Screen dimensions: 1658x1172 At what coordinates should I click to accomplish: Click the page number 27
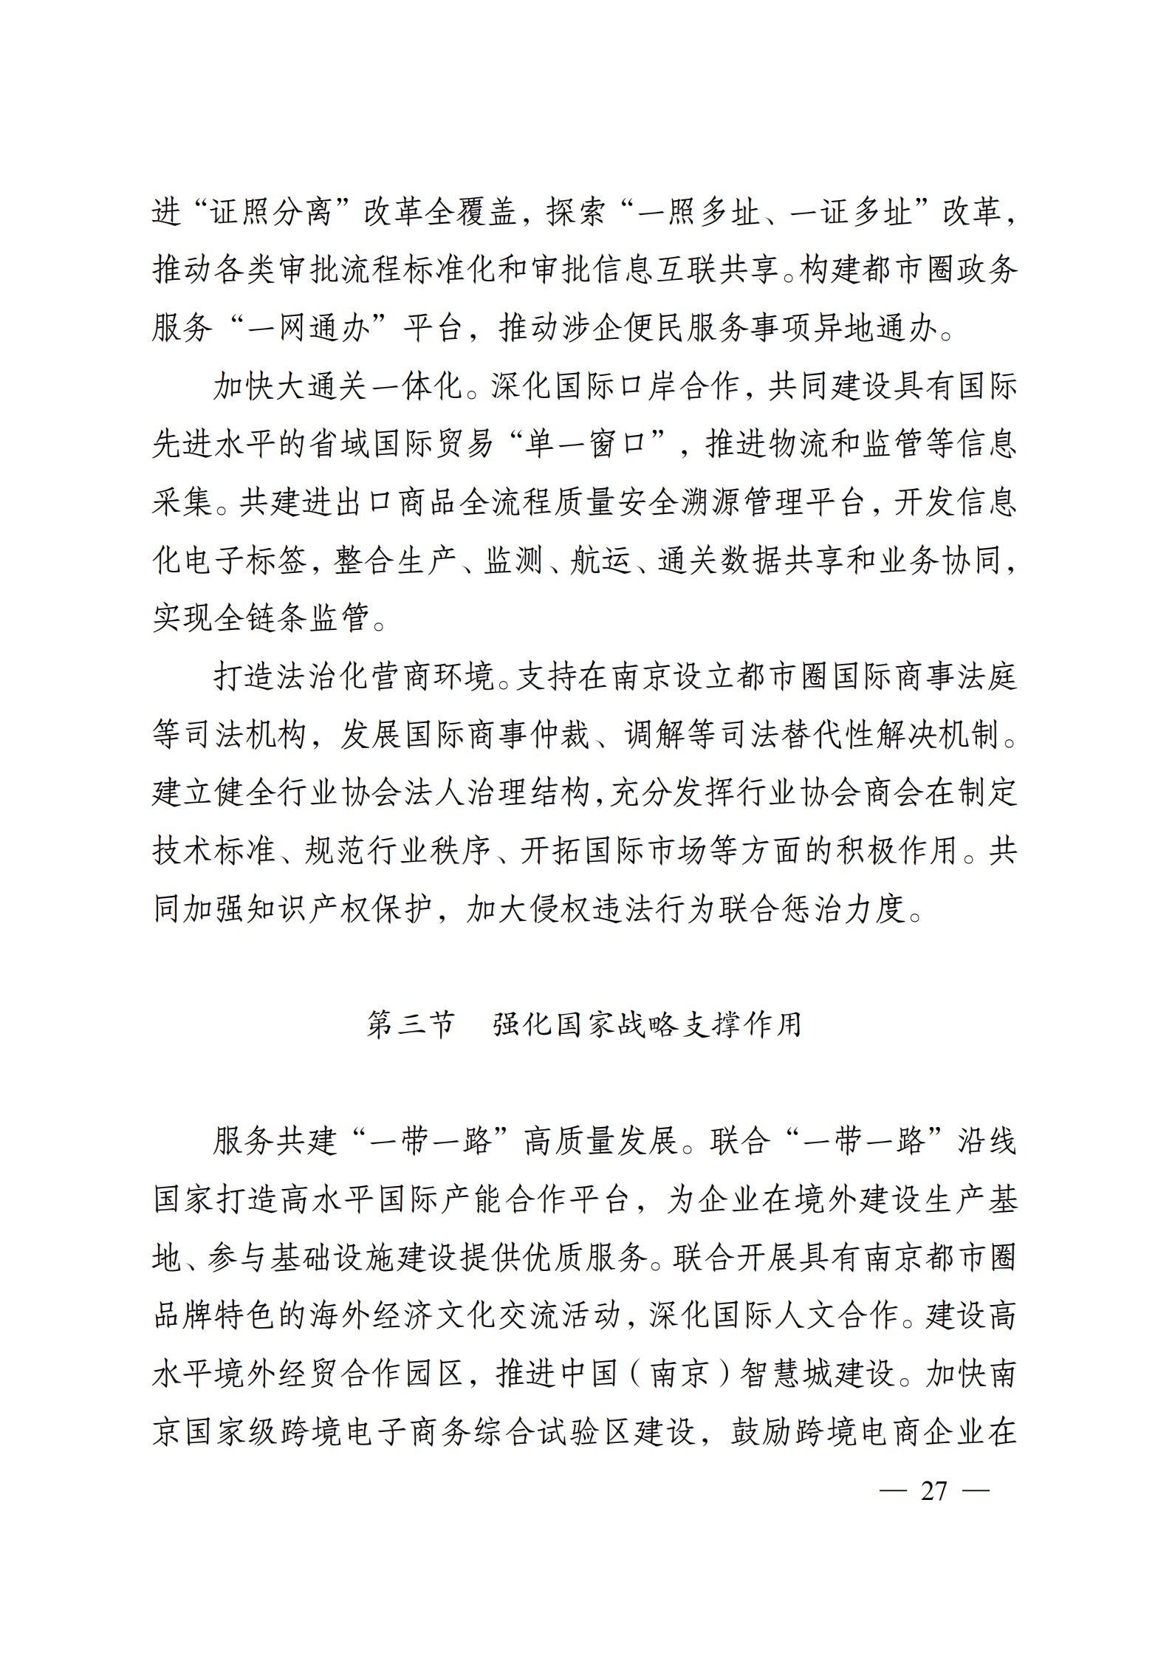[933, 1490]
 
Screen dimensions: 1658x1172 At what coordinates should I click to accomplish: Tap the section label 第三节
[411, 1024]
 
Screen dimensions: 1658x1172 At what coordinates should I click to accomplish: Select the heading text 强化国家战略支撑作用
[647, 1024]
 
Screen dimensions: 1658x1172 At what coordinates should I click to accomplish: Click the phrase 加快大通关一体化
[337, 386]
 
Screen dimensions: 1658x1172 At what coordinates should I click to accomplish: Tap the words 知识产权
[308, 908]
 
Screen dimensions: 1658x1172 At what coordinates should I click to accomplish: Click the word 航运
[600, 560]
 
